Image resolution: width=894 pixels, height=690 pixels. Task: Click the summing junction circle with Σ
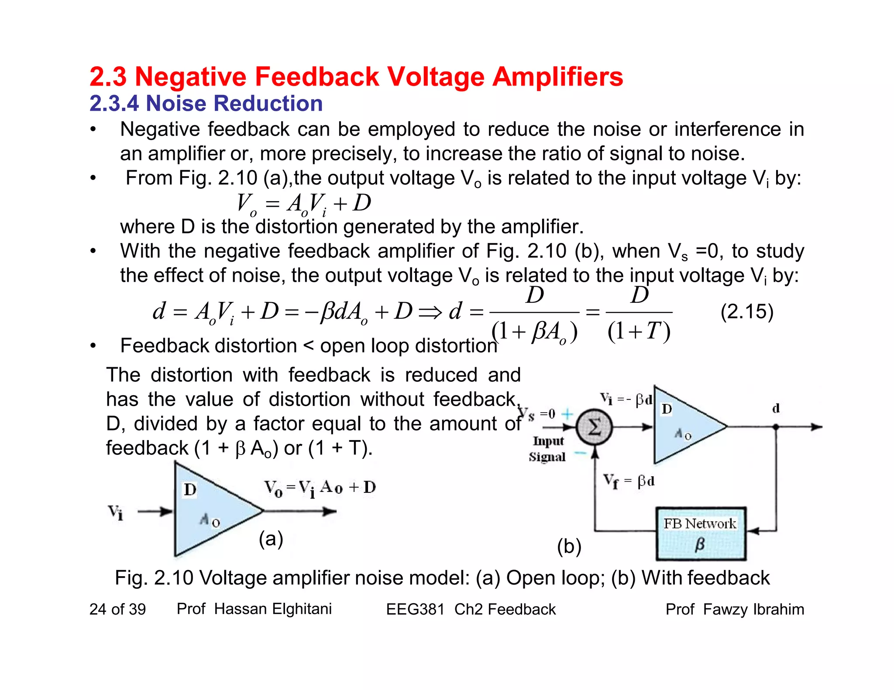594,427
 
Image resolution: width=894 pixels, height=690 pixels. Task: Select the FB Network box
701,533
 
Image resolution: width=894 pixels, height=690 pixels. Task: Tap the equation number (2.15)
746,312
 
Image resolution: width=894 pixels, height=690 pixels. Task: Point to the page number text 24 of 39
117,609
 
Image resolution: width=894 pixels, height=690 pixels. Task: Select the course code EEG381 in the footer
415,609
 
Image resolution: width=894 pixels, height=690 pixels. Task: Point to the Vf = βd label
629,481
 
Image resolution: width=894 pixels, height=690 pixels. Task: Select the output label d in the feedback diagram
776,409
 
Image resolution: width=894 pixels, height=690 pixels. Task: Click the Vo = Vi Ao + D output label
320,488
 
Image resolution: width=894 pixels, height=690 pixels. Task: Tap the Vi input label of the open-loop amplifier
116,512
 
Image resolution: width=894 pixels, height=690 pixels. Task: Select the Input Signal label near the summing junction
548,449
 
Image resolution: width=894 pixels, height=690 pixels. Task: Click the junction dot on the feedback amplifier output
776,427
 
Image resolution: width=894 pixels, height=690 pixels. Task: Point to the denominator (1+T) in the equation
639,331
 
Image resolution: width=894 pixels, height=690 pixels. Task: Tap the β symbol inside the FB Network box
699,544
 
